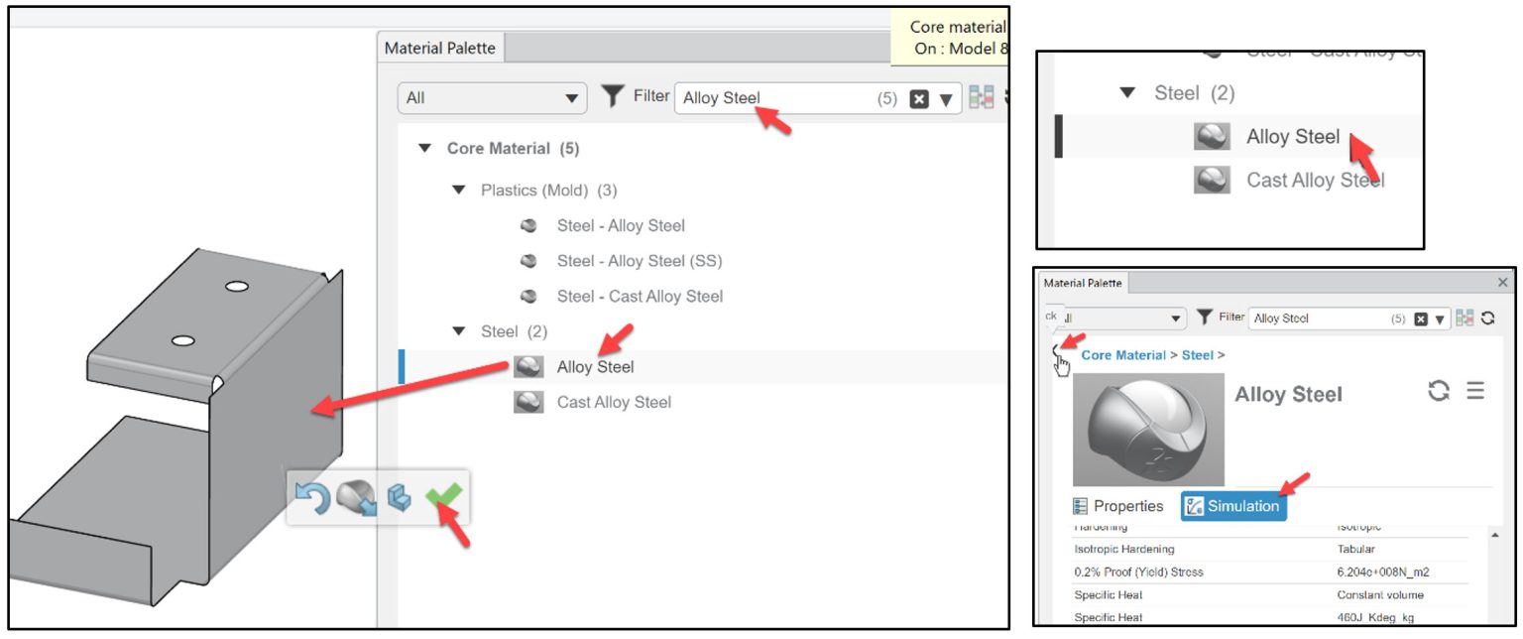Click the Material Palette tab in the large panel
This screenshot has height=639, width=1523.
(x=439, y=48)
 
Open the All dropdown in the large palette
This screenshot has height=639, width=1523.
(x=492, y=98)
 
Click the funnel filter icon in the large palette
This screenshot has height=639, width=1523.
(x=614, y=96)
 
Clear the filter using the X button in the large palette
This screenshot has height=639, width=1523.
(x=919, y=99)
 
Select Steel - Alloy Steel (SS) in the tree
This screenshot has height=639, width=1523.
(x=639, y=261)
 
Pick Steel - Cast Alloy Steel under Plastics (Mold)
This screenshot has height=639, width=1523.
(x=640, y=296)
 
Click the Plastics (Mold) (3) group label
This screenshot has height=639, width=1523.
(x=548, y=190)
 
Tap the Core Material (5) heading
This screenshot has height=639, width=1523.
(x=513, y=148)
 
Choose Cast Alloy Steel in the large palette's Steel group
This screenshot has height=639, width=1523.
(x=613, y=402)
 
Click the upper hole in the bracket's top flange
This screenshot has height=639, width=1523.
(x=235, y=287)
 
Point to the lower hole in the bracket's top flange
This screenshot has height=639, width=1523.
(x=182, y=341)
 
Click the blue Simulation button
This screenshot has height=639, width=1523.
(x=1233, y=506)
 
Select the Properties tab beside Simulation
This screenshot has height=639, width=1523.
(x=1118, y=506)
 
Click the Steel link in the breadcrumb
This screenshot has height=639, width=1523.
(x=1197, y=355)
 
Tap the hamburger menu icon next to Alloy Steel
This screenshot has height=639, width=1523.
(x=1475, y=391)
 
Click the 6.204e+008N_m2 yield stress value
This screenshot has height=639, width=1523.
(x=1382, y=573)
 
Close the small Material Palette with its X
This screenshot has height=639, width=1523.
(x=1502, y=283)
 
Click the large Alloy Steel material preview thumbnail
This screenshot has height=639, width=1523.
(x=1148, y=429)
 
